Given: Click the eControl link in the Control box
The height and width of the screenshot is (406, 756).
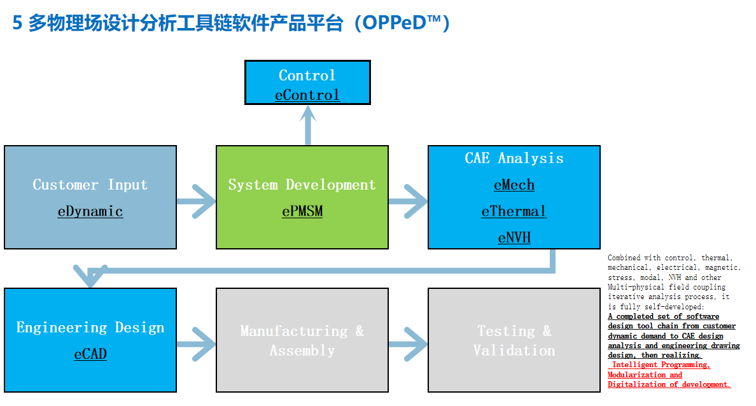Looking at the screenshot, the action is (307, 95).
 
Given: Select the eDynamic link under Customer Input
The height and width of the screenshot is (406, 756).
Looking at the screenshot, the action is (90, 211).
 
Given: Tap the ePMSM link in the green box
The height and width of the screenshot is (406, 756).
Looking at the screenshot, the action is (302, 211).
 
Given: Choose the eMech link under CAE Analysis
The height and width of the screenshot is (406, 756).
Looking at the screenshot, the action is (514, 185).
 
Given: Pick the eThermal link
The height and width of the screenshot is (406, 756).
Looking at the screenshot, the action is (514, 211).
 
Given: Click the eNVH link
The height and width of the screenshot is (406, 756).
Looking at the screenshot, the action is (514, 238).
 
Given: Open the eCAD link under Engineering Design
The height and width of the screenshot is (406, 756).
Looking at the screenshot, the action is (90, 354).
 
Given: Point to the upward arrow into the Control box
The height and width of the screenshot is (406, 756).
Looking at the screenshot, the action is (307, 125).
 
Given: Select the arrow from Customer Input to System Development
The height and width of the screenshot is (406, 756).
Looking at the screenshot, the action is (196, 201).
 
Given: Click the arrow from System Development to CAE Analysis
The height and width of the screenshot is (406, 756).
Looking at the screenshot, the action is (408, 201).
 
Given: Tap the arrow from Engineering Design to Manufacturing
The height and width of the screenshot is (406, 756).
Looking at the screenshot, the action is (196, 344).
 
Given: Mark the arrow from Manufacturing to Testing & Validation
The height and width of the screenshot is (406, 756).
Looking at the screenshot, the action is (408, 344).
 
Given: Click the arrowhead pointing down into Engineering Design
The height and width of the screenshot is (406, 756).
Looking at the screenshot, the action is (90, 277).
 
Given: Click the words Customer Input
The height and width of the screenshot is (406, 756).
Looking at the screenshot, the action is (90, 185).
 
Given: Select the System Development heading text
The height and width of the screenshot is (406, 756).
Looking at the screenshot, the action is (302, 185).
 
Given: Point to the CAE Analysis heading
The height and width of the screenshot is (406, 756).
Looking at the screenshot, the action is (514, 158).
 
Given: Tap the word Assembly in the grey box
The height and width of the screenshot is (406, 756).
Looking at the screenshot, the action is (302, 351).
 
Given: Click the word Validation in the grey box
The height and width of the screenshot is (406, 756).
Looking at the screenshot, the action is (514, 351).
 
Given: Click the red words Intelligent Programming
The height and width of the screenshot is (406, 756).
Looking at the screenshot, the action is (661, 365).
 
